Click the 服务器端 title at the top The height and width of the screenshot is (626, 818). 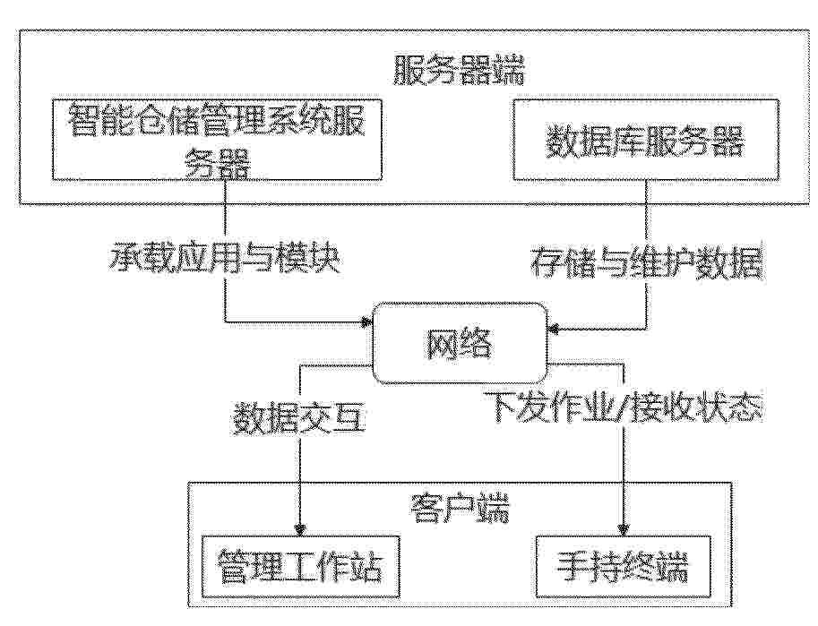pyautogui.click(x=458, y=71)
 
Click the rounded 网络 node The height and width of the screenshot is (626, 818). pyautogui.click(x=460, y=343)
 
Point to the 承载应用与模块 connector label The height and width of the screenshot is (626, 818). pyautogui.click(x=225, y=258)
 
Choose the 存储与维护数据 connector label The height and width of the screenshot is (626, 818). pyautogui.click(x=647, y=262)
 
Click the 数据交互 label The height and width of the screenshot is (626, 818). pyautogui.click(x=299, y=418)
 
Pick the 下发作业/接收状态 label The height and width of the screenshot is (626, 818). pyautogui.click(x=623, y=407)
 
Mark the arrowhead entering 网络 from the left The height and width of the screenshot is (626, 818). pyautogui.click(x=366, y=322)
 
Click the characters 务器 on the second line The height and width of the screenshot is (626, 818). pyautogui.click(x=218, y=163)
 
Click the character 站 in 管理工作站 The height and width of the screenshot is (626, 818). pyautogui.click(x=366, y=567)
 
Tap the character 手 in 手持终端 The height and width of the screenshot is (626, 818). pyautogui.click(x=573, y=567)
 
